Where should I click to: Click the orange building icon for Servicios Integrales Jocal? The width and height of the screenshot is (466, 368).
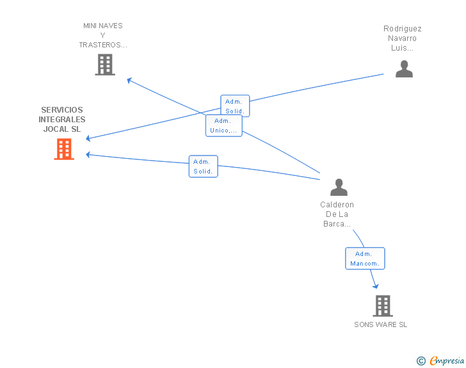click(x=64, y=149)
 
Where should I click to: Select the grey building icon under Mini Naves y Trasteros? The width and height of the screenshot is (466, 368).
click(x=105, y=65)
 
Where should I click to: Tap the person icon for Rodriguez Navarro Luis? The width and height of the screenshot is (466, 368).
click(x=404, y=68)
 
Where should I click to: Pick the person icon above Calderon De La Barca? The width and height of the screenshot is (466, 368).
click(x=339, y=187)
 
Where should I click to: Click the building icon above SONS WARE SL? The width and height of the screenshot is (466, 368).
click(x=382, y=306)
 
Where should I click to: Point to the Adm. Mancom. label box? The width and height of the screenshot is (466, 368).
click(x=365, y=259)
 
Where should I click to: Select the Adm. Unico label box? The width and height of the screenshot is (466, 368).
click(x=223, y=125)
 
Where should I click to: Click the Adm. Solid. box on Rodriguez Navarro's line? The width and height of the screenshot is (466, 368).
click(x=235, y=106)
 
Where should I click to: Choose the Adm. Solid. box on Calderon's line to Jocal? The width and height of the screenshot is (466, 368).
click(x=204, y=166)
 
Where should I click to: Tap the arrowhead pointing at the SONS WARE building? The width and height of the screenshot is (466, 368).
click(x=376, y=286)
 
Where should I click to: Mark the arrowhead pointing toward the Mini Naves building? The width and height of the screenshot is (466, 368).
click(x=129, y=80)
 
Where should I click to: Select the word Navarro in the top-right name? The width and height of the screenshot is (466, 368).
click(x=402, y=38)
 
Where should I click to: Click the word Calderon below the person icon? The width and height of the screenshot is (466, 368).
click(x=337, y=205)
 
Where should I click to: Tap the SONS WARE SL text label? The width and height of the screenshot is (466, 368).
click(x=380, y=324)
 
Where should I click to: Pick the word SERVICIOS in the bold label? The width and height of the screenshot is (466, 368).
click(x=62, y=110)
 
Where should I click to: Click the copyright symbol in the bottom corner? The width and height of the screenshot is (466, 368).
click(x=421, y=361)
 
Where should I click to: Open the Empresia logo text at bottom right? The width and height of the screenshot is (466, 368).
click(x=447, y=360)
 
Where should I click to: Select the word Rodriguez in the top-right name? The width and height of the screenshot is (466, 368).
click(x=402, y=29)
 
